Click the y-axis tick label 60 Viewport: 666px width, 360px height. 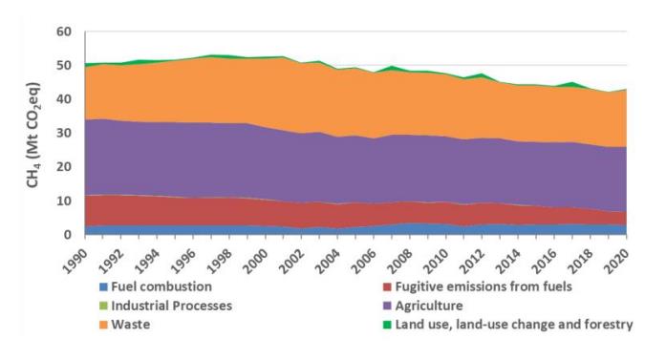[64, 32]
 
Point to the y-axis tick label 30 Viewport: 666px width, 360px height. [64, 134]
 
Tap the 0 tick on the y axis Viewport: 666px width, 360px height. [68, 235]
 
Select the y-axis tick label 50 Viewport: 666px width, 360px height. [64, 66]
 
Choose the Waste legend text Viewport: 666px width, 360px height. [132, 325]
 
